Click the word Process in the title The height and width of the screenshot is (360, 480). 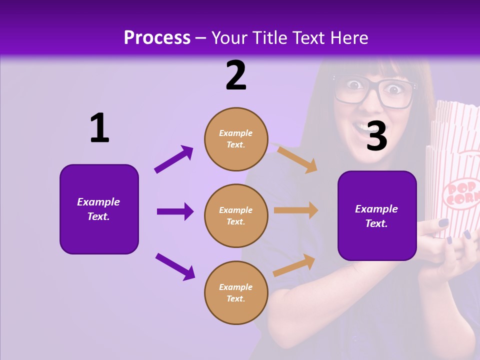coord(157,38)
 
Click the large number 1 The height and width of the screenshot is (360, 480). coord(99,128)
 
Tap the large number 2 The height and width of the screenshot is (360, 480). coord(236,75)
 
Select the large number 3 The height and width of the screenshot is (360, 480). coord(377,136)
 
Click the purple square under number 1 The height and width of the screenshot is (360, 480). coord(99,209)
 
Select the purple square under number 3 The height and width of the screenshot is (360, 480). coord(377,216)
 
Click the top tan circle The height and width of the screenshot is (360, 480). coord(236,139)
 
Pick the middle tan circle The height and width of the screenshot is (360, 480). coord(236,216)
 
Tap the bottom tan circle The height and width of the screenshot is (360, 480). coord(236,293)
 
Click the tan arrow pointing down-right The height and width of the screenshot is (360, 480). coord(297,159)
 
